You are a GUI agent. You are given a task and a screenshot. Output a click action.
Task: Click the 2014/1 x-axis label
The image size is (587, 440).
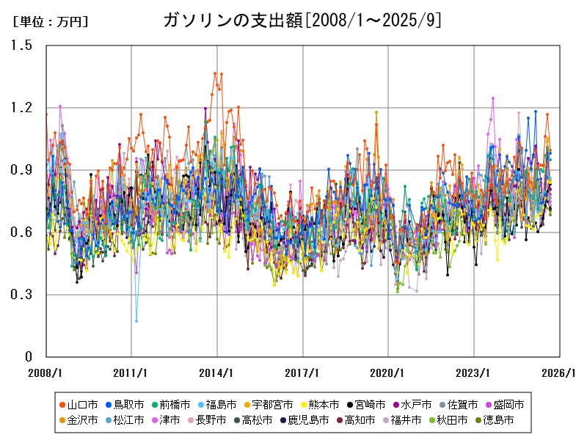pos(216,372)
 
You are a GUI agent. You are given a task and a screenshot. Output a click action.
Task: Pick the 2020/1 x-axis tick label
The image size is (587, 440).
pos(388,372)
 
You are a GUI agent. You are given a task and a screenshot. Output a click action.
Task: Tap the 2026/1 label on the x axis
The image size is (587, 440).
pos(559,372)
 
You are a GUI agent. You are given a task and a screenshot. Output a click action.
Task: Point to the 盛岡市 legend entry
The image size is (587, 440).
pos(508,405)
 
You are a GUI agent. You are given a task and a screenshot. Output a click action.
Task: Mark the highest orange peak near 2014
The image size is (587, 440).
pos(215,73)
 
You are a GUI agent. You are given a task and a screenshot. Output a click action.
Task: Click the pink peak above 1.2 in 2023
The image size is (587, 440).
pos(493,98)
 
